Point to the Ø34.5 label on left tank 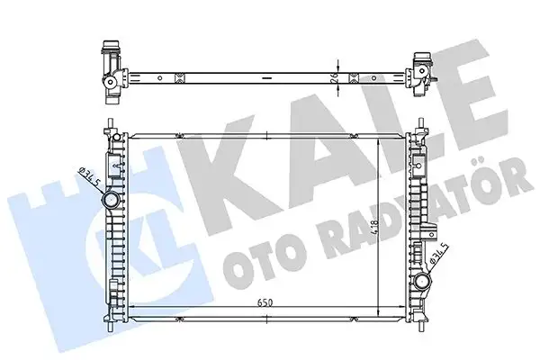[x=88, y=176]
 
